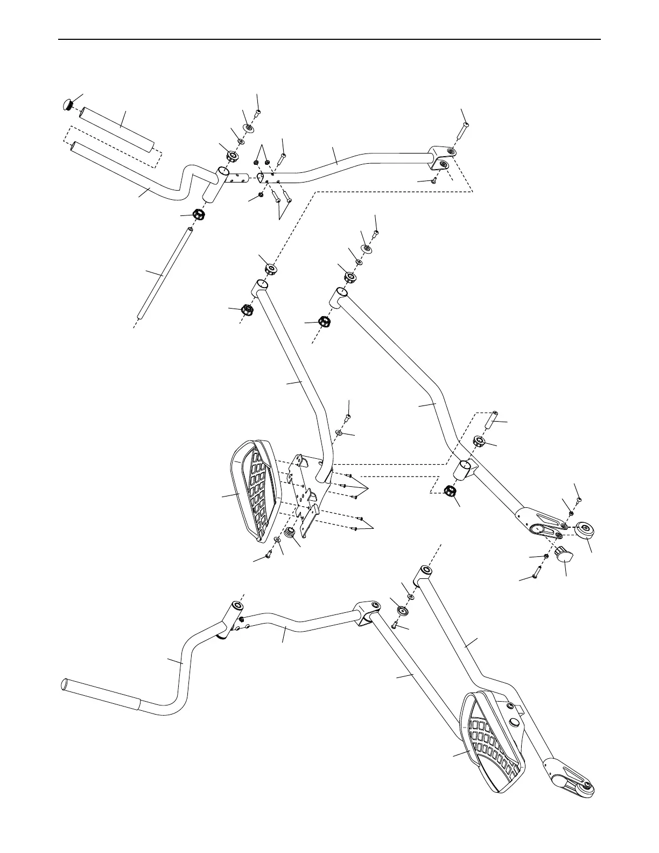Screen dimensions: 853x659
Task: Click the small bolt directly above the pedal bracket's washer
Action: tap(349, 416)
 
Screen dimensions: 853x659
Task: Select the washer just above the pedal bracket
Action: tap(339, 432)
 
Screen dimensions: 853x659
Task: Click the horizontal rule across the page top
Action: tap(329, 39)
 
